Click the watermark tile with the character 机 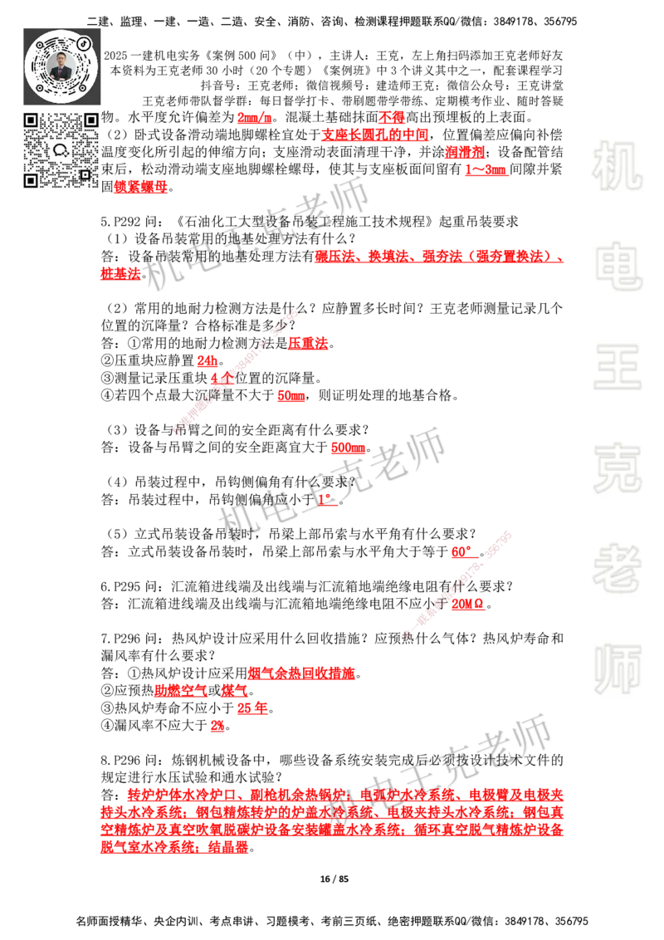coord(617,166)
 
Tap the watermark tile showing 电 coord(620,266)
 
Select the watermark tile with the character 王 coord(617,368)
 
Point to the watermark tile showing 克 coord(617,468)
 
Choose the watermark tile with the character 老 coord(617,568)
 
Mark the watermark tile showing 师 coord(617,670)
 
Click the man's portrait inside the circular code coord(61,66)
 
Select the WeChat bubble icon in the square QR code coord(61,150)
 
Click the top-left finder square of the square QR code coord(30,120)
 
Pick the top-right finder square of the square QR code coord(90,120)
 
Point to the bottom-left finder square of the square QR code coord(30,180)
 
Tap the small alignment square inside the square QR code coord(85,174)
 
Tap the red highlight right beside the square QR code coord(142,188)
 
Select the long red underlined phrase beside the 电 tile coord(438,257)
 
